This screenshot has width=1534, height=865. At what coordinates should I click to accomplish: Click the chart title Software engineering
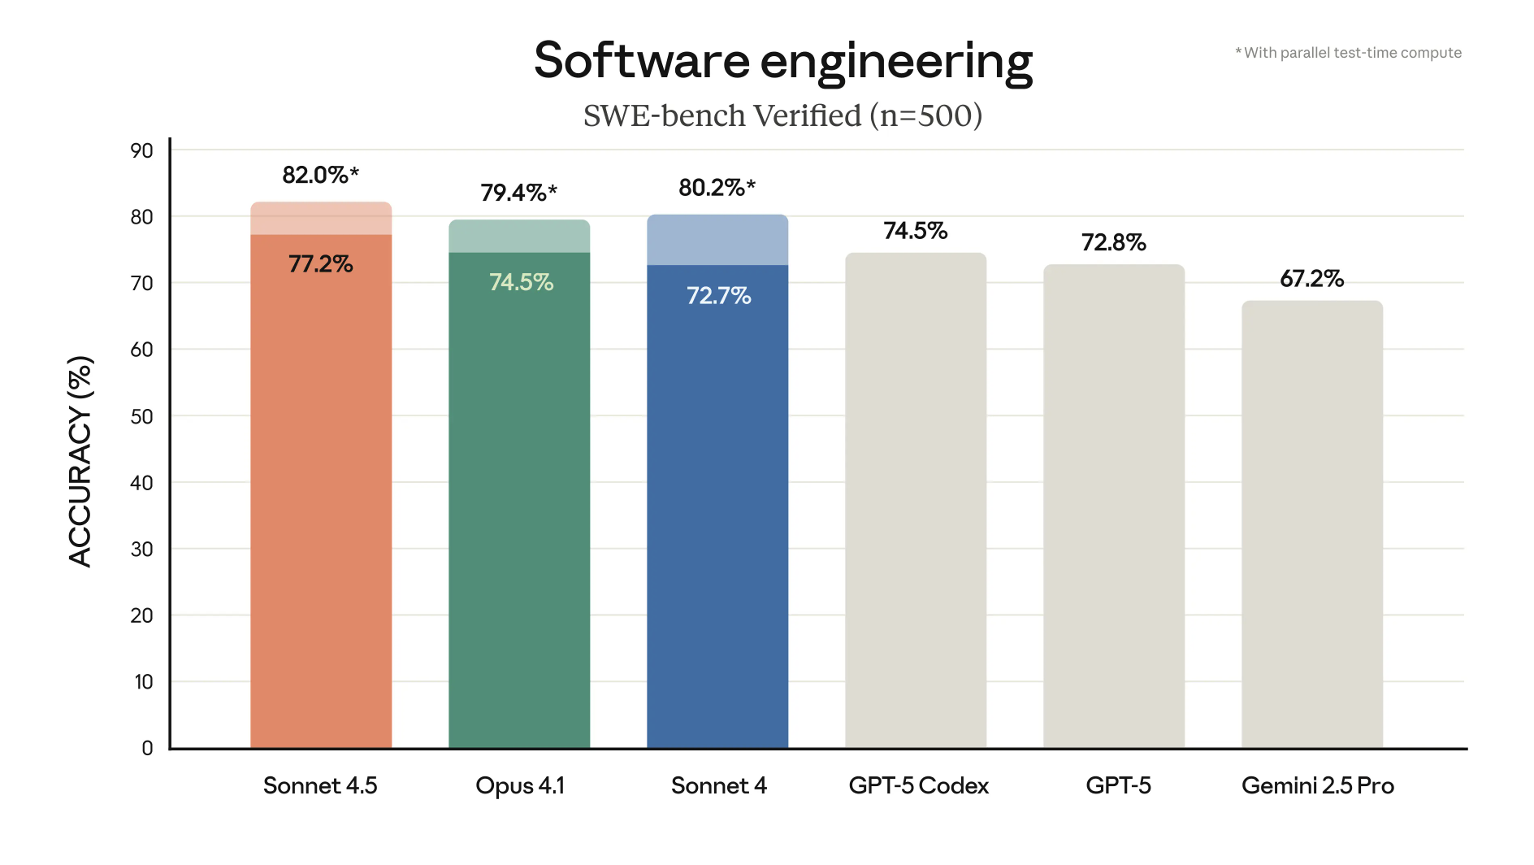[782, 61]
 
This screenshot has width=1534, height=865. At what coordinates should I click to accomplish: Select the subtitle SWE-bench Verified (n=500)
[782, 116]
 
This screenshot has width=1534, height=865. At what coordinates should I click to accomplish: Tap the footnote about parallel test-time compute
[1349, 53]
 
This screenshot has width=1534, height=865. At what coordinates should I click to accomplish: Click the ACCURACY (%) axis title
[80, 461]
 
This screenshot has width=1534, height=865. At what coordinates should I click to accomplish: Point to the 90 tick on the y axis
[141, 150]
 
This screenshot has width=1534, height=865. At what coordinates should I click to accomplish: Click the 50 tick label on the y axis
[141, 416]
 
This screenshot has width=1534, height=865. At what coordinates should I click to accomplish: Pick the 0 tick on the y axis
[147, 748]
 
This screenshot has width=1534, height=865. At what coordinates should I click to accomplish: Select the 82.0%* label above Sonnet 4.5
[320, 175]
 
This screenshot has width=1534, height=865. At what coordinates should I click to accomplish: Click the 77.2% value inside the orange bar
[320, 264]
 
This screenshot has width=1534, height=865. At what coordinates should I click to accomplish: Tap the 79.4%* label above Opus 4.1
[518, 193]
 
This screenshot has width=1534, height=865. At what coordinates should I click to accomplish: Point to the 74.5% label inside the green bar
[521, 282]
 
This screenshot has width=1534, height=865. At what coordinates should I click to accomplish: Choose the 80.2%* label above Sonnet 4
[717, 188]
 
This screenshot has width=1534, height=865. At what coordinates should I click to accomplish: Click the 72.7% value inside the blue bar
[718, 295]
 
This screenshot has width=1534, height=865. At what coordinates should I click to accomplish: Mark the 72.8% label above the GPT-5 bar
[1113, 242]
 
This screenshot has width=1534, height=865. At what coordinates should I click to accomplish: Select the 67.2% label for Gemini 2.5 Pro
[1311, 279]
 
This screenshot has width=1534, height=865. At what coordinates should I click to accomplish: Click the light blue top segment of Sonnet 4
[717, 240]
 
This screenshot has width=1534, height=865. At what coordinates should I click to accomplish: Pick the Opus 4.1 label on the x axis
[520, 785]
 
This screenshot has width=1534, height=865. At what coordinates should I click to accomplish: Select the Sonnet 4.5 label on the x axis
[320, 785]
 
